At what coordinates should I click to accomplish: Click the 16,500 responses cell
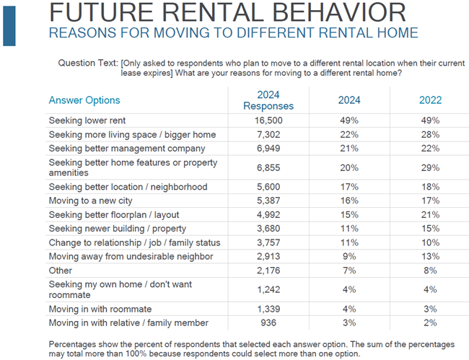coord(268,120)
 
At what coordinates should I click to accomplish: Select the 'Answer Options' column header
coord(84,100)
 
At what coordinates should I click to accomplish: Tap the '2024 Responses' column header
coord(268,100)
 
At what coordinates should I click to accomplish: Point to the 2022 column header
coord(430,100)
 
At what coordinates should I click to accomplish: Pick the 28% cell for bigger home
coord(430,134)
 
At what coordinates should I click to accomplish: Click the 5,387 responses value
coord(268,201)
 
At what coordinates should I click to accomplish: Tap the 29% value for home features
coord(430,167)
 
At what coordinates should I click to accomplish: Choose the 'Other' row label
coord(61,271)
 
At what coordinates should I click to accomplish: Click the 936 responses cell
coord(268,322)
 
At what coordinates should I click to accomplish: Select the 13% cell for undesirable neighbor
coord(430,256)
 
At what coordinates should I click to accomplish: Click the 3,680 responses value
coord(268,229)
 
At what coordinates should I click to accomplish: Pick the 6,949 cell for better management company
coord(268,149)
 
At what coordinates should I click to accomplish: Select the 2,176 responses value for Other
coord(268,271)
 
